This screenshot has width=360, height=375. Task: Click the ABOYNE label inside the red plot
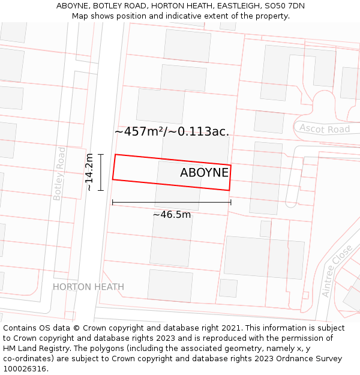point(204,173)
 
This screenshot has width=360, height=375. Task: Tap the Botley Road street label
point(59,173)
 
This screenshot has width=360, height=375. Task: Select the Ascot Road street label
point(325,129)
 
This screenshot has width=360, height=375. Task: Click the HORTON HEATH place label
point(88,287)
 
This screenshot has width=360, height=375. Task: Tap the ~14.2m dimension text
point(89,172)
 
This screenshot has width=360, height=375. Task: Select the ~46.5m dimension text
point(172,214)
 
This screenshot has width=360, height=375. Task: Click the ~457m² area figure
point(139,131)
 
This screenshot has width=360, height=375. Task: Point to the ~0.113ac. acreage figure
point(199,131)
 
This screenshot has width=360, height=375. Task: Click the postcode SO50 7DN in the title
point(284,5)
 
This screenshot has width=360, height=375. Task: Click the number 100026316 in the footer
point(25,369)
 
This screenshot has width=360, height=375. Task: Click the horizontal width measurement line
point(172,202)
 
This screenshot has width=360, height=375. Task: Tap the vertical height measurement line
point(101,172)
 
